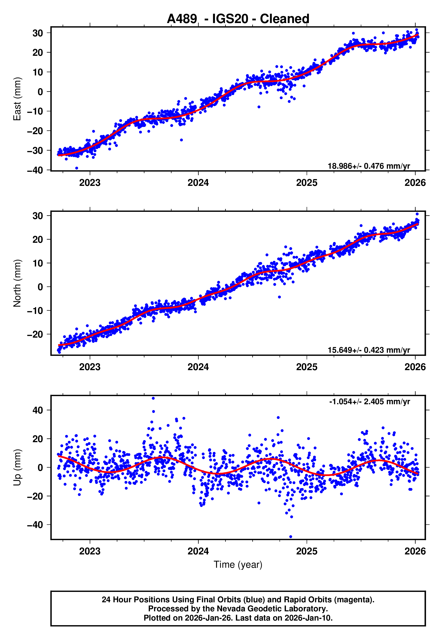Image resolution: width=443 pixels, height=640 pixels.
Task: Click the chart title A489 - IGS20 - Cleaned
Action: (x=238, y=19)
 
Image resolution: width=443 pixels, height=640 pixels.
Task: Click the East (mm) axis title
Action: (x=17, y=99)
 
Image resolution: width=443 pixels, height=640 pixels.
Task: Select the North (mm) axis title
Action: (x=17, y=283)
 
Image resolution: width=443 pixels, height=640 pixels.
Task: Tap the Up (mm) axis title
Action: (x=17, y=467)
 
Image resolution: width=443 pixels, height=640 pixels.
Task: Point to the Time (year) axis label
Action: (x=238, y=565)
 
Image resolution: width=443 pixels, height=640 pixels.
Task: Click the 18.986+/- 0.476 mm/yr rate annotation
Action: (x=369, y=166)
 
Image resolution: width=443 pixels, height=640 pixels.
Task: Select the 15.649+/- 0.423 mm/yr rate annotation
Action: (x=369, y=350)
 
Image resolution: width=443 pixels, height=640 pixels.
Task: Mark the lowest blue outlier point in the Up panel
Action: (x=291, y=537)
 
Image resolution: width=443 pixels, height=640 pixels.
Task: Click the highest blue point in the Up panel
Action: (x=153, y=398)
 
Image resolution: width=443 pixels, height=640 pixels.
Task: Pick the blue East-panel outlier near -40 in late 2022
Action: (x=77, y=168)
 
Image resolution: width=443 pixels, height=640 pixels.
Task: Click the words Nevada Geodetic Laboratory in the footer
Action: (x=272, y=609)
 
